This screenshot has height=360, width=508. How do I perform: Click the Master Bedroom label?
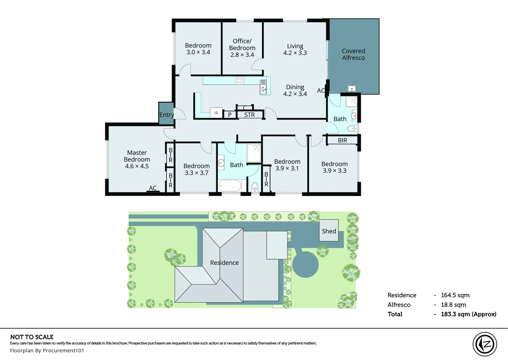click(x=137, y=159)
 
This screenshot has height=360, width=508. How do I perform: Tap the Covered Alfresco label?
click(x=353, y=54)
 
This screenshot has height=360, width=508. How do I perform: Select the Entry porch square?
click(x=166, y=114)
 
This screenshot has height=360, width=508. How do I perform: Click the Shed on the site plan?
click(x=329, y=231)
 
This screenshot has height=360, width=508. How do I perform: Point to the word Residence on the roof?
click(x=224, y=263)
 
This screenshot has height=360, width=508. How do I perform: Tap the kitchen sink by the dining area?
click(x=263, y=87)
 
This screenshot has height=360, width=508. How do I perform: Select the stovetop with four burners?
click(x=240, y=80)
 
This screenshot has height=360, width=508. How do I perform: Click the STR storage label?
click(x=250, y=115)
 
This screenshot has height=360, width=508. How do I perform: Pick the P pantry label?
click(x=230, y=115)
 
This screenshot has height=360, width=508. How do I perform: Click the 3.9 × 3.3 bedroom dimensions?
click(x=334, y=171)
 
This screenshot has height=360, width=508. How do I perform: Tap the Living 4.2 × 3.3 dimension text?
click(x=295, y=53)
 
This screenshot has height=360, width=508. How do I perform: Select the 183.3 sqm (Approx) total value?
click(x=468, y=314)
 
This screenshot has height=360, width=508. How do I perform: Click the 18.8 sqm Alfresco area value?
click(x=453, y=305)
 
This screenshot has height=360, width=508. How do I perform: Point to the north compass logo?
click(x=485, y=344)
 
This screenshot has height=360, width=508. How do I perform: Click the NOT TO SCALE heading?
click(x=32, y=337)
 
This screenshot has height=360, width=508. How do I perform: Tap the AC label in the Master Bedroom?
click(x=153, y=188)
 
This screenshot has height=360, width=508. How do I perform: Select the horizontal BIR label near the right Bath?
click(x=342, y=140)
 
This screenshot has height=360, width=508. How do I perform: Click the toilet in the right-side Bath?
click(x=352, y=128)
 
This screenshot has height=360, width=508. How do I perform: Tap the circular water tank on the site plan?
click(x=305, y=265)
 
